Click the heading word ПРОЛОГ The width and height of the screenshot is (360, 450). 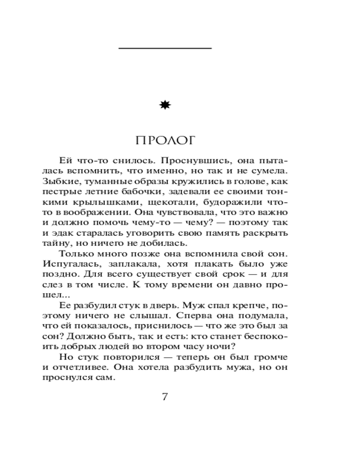[166, 140]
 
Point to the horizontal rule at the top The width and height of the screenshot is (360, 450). [165, 48]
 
